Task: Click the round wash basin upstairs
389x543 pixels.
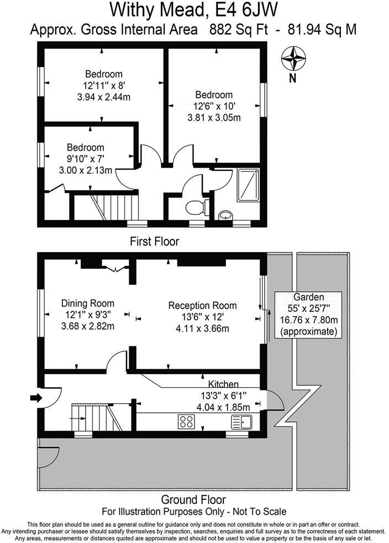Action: (225, 215)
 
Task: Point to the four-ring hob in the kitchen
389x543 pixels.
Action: (187, 422)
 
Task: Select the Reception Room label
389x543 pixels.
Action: (202, 305)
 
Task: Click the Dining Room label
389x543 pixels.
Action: (88, 303)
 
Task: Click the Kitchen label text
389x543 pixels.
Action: (223, 384)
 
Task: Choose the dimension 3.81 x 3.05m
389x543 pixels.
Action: (214, 118)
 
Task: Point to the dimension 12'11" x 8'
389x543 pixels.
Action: (104, 86)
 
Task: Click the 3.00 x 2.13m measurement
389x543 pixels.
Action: (85, 171)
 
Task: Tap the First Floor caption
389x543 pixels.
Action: (154, 241)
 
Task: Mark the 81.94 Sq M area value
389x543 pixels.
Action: (322, 29)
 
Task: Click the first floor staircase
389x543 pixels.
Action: (113, 207)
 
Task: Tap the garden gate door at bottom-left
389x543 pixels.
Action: (48, 455)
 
